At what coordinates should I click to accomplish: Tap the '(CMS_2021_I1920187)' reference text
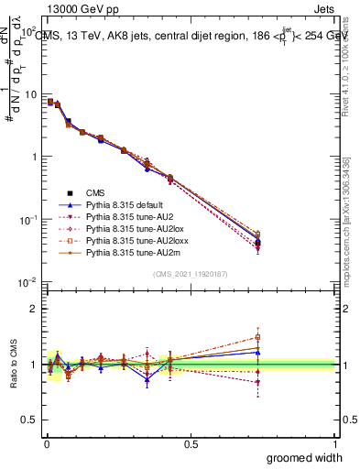click(191, 274)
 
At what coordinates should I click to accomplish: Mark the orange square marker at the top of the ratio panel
click(258, 337)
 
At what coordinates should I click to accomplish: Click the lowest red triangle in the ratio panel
click(258, 383)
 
